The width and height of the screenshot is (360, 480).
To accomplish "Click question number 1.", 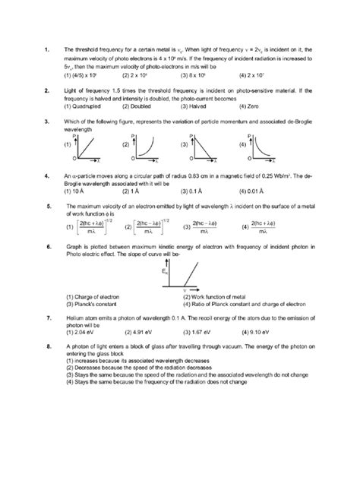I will (48, 51).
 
